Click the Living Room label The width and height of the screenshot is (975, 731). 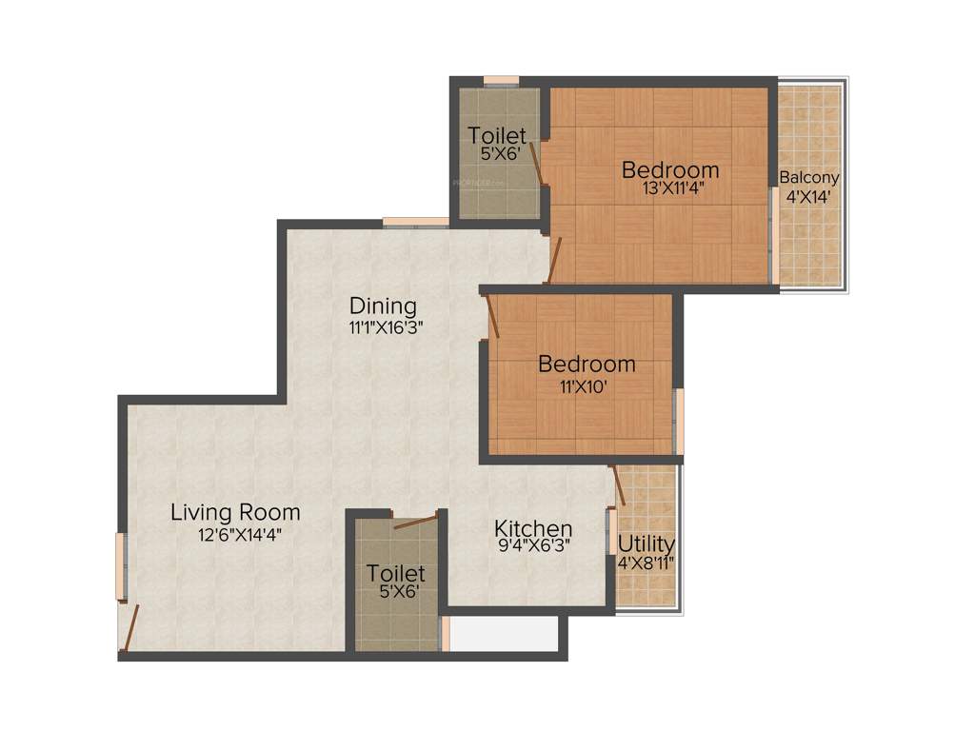pos(235,512)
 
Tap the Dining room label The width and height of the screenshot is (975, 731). pos(383,306)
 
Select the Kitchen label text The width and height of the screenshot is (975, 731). pos(532,528)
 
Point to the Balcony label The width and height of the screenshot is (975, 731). pos(809,178)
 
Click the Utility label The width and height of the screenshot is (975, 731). pos(647,544)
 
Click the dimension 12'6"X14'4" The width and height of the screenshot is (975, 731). pos(240,534)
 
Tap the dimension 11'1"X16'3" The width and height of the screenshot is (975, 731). pos(385,326)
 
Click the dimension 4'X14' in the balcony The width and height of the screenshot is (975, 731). pos(808,198)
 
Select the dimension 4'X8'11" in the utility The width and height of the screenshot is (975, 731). pos(647,562)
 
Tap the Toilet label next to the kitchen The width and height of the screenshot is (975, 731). pos(396,573)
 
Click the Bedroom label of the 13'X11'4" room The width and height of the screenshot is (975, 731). pos(670,169)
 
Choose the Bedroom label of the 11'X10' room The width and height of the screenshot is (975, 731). pos(587,364)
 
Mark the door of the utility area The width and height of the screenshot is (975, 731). pos(619,485)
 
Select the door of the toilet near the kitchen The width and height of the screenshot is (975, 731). pos(415,521)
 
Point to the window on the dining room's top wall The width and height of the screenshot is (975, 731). pos(415,223)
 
